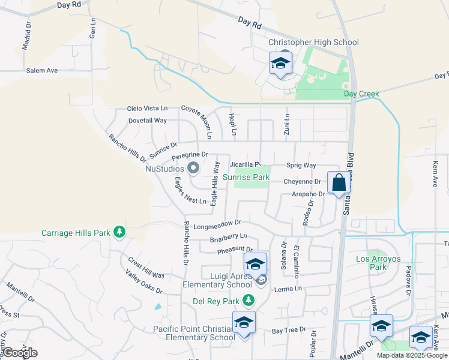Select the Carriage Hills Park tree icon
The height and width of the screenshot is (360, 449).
pyautogui.click(x=119, y=232)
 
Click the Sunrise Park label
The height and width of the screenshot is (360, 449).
pyautogui.click(x=246, y=177)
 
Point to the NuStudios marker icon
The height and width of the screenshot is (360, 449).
pyautogui.click(x=193, y=169)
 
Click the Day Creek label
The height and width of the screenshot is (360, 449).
pyautogui.click(x=361, y=94)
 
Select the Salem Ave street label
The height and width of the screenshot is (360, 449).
pyautogui.click(x=41, y=70)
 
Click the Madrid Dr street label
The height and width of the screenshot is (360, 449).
pyautogui.click(x=28, y=37)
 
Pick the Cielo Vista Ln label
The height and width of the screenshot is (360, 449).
pyautogui.click(x=147, y=108)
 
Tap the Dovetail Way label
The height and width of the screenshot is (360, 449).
pyautogui.click(x=148, y=120)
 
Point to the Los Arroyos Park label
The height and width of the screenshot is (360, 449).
pyautogui.click(x=378, y=259)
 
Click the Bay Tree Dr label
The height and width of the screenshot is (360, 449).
pyautogui.click(x=289, y=331)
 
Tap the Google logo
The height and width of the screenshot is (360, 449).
pyautogui.click(x=20, y=353)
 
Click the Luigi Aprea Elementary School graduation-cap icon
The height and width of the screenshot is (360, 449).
pyautogui.click(x=255, y=265)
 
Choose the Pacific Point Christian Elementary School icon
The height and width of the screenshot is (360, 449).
pyautogui.click(x=244, y=323)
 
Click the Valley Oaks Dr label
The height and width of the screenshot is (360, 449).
pyautogui.click(x=144, y=282)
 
